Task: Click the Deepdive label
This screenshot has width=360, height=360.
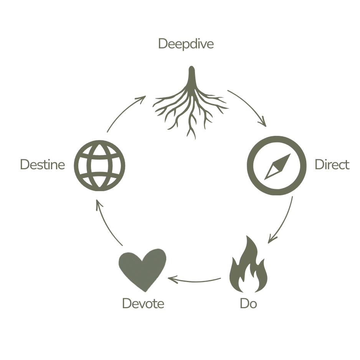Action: [186, 44]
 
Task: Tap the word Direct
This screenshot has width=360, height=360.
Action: [332, 165]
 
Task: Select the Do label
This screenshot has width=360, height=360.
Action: [248, 304]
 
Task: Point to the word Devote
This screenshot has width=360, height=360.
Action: [143, 304]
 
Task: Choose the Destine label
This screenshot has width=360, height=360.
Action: [42, 165]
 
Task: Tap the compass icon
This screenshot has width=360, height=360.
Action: [276, 165]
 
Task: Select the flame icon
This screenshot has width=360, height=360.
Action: [248, 267]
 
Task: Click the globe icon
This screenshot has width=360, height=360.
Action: [100, 165]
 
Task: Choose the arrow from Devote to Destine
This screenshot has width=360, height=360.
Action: [105, 225]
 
